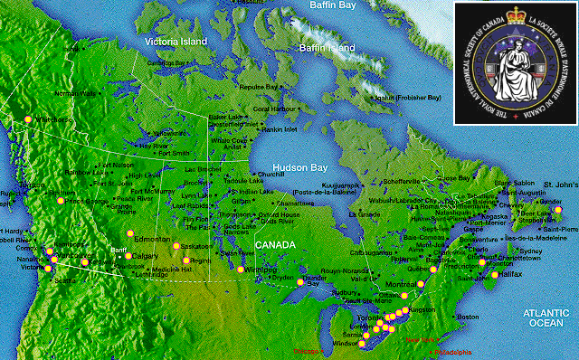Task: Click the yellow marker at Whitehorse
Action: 28,118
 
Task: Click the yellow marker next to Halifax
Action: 495,274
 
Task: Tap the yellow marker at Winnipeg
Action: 240,270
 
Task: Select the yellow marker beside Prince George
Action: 61,201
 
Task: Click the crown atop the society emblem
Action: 512,17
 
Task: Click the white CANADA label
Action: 274,245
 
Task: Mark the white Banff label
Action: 119,249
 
